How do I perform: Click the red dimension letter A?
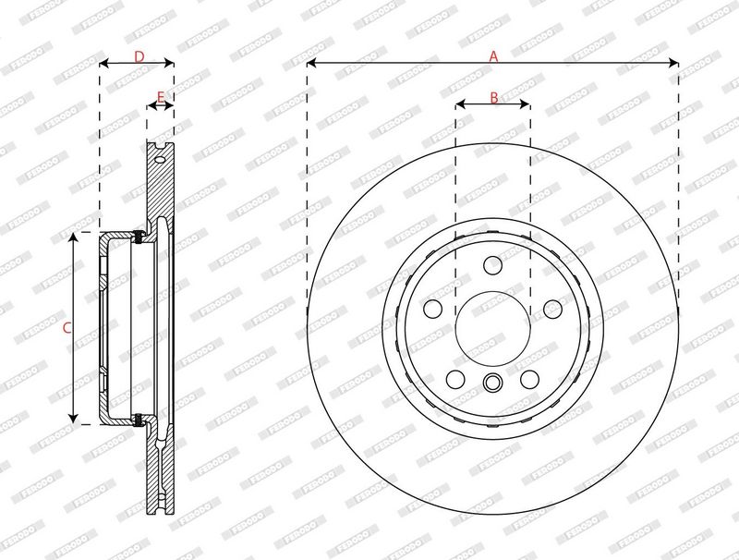click(x=493, y=56)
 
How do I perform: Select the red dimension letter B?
click(x=494, y=98)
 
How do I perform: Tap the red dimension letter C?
click(x=67, y=328)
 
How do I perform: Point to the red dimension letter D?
click(x=139, y=56)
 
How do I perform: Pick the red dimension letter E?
click(x=161, y=98)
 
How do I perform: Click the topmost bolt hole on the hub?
click(x=493, y=265)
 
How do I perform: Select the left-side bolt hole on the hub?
click(x=432, y=309)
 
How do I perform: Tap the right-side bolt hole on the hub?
click(x=552, y=310)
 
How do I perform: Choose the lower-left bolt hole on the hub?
click(x=455, y=379)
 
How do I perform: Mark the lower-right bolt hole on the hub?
click(x=529, y=380)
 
